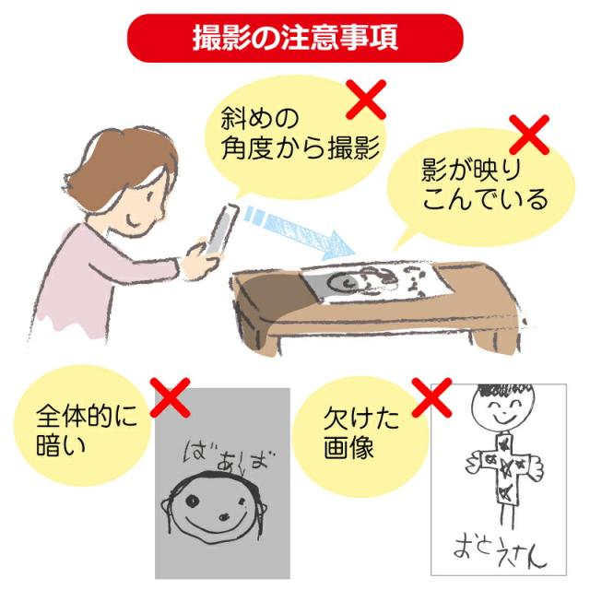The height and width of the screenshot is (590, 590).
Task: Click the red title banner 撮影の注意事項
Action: point(296,39)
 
